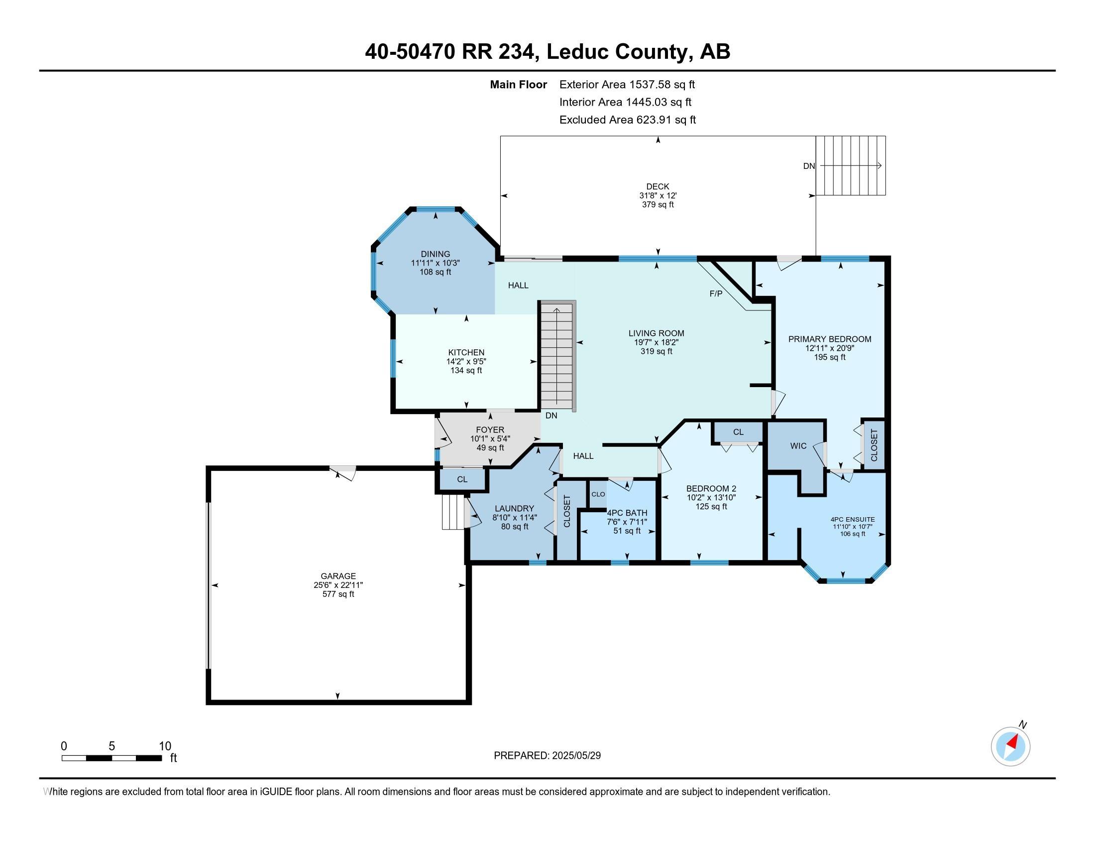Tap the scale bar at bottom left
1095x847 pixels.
pos(111,758)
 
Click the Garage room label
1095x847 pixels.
pos(338,576)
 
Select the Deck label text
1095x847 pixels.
pos(657,187)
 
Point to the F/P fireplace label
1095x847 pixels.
pos(715,293)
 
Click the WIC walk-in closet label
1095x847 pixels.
pos(798,445)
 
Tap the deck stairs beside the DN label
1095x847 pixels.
pos(850,165)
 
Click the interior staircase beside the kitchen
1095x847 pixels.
pos(556,356)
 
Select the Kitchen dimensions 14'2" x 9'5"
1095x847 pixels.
pos(466,361)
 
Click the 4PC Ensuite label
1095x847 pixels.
pos(852,519)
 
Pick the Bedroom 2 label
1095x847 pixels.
pos(711,488)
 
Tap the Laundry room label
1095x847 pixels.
pos(515,508)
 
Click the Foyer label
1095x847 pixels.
pos(490,429)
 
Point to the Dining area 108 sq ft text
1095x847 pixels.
pos(435,272)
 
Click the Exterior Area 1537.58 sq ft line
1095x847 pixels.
pos(627,84)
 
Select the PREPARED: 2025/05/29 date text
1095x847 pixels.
pos(547,755)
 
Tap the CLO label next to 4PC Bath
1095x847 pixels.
pos(598,494)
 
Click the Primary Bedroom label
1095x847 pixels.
pos(829,339)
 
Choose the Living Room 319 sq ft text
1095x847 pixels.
pos(656,351)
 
